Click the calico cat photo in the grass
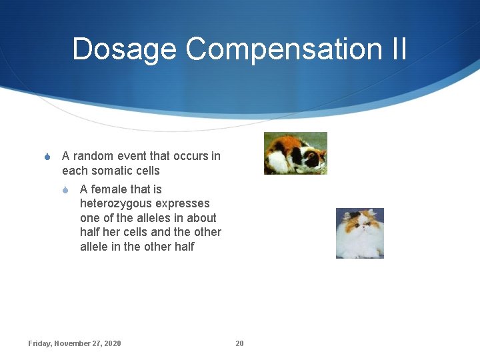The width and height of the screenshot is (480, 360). (295, 153)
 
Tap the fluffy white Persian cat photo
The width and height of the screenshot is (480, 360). (360, 233)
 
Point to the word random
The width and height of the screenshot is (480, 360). (93, 156)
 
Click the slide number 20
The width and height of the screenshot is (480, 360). (239, 343)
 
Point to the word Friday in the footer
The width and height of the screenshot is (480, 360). (40, 343)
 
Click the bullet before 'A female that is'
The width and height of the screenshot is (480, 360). (65, 190)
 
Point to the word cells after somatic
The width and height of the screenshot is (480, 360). (147, 171)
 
